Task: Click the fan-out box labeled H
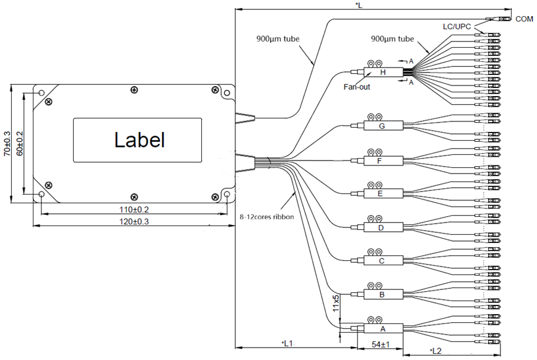pyautogui.click(x=382, y=73)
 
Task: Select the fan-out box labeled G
pyautogui.click(x=382, y=126)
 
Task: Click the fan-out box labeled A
pyautogui.click(x=382, y=329)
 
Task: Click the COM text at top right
pyautogui.click(x=524, y=20)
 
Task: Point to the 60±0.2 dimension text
pyautogui.click(x=20, y=143)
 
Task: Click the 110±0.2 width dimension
pyautogui.click(x=134, y=209)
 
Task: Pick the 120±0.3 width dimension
pyautogui.click(x=134, y=221)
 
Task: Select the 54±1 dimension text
pyautogui.click(x=380, y=344)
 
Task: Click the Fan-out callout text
pyautogui.click(x=357, y=87)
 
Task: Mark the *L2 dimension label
pyautogui.click(x=435, y=351)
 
